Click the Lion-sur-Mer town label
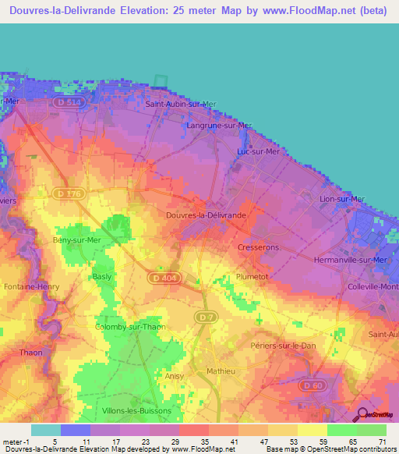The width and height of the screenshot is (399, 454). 342,199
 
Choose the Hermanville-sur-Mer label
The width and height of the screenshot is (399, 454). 350,259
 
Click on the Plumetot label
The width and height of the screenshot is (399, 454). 252,276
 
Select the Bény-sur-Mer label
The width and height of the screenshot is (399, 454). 76,239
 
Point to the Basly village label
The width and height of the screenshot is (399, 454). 102,277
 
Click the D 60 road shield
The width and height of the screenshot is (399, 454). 313,385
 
